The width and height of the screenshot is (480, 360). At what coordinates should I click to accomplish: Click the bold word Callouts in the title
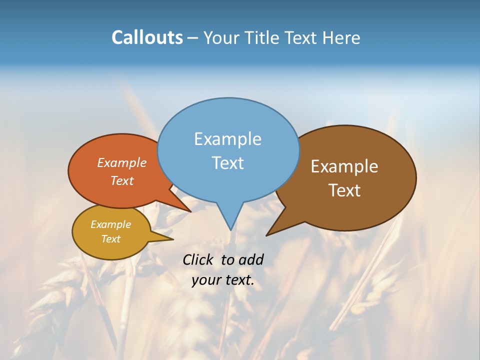[147, 37]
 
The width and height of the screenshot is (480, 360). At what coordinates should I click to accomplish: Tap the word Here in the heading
[341, 37]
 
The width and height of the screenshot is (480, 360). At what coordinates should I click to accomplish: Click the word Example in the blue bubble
[227, 139]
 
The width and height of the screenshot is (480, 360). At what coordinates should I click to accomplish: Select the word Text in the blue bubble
[227, 162]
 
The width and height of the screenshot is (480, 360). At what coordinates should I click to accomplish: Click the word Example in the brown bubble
[344, 166]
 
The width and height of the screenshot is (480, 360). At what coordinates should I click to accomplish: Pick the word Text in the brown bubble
[344, 190]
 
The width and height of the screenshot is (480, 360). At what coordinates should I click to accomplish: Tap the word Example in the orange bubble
[121, 162]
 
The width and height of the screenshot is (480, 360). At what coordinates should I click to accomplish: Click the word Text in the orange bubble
[121, 180]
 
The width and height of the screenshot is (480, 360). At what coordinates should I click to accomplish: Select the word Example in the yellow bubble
[110, 224]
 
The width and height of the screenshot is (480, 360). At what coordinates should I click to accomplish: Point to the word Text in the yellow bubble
[110, 239]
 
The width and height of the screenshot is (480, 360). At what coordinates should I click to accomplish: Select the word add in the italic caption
[251, 259]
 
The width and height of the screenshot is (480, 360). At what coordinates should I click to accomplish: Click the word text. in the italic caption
[238, 280]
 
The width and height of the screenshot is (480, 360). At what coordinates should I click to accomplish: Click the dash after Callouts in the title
[193, 38]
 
